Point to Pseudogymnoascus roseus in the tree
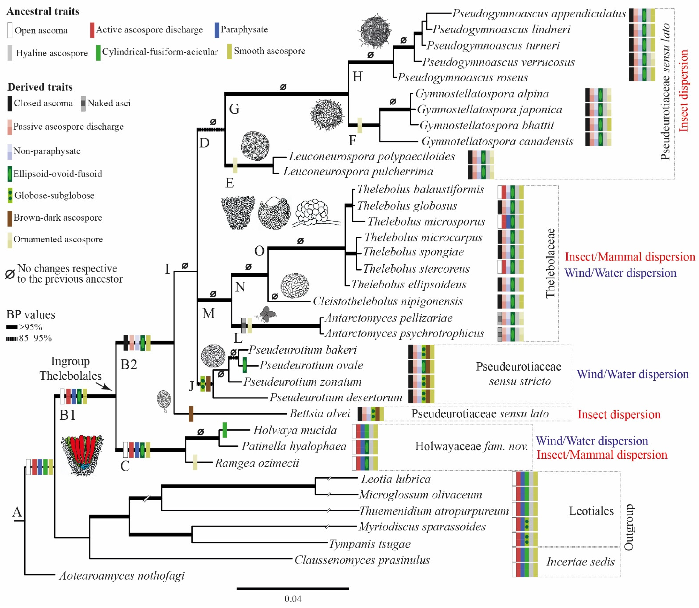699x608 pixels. coord(462,77)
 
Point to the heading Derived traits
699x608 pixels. coord(40,87)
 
